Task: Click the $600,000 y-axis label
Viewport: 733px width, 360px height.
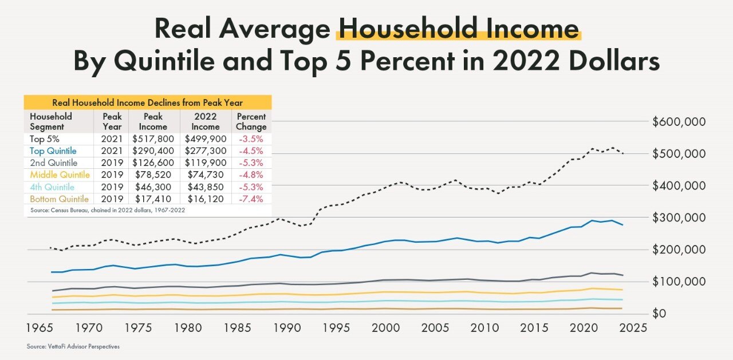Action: (679, 122)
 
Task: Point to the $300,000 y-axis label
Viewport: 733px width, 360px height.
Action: (679, 217)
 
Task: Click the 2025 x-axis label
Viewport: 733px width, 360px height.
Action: (632, 328)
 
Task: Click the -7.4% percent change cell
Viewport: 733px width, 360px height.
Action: (250, 199)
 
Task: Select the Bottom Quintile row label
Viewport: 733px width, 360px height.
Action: (59, 199)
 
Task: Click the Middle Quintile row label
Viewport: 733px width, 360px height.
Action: (60, 175)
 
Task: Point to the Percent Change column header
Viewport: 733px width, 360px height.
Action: (250, 121)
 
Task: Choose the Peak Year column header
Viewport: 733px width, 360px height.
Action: (112, 121)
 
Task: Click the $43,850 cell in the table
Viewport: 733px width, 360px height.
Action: (205, 187)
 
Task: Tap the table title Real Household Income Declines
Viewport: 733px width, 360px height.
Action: (147, 102)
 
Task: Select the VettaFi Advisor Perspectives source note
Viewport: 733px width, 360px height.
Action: (73, 346)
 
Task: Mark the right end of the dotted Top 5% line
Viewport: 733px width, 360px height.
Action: (623, 153)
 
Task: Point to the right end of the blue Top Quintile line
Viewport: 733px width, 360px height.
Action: (623, 225)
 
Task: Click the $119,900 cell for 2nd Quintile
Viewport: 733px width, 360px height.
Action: (205, 163)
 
